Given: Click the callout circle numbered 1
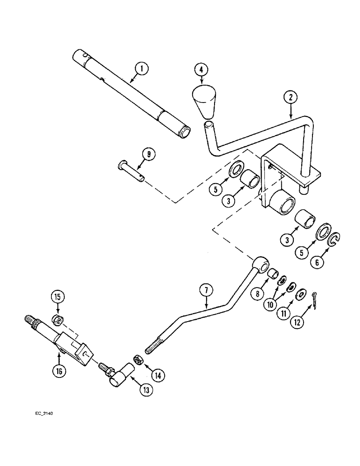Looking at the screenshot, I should click(142, 69).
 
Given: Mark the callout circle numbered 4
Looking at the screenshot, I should click(201, 70).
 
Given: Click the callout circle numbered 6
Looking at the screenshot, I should click(318, 262).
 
